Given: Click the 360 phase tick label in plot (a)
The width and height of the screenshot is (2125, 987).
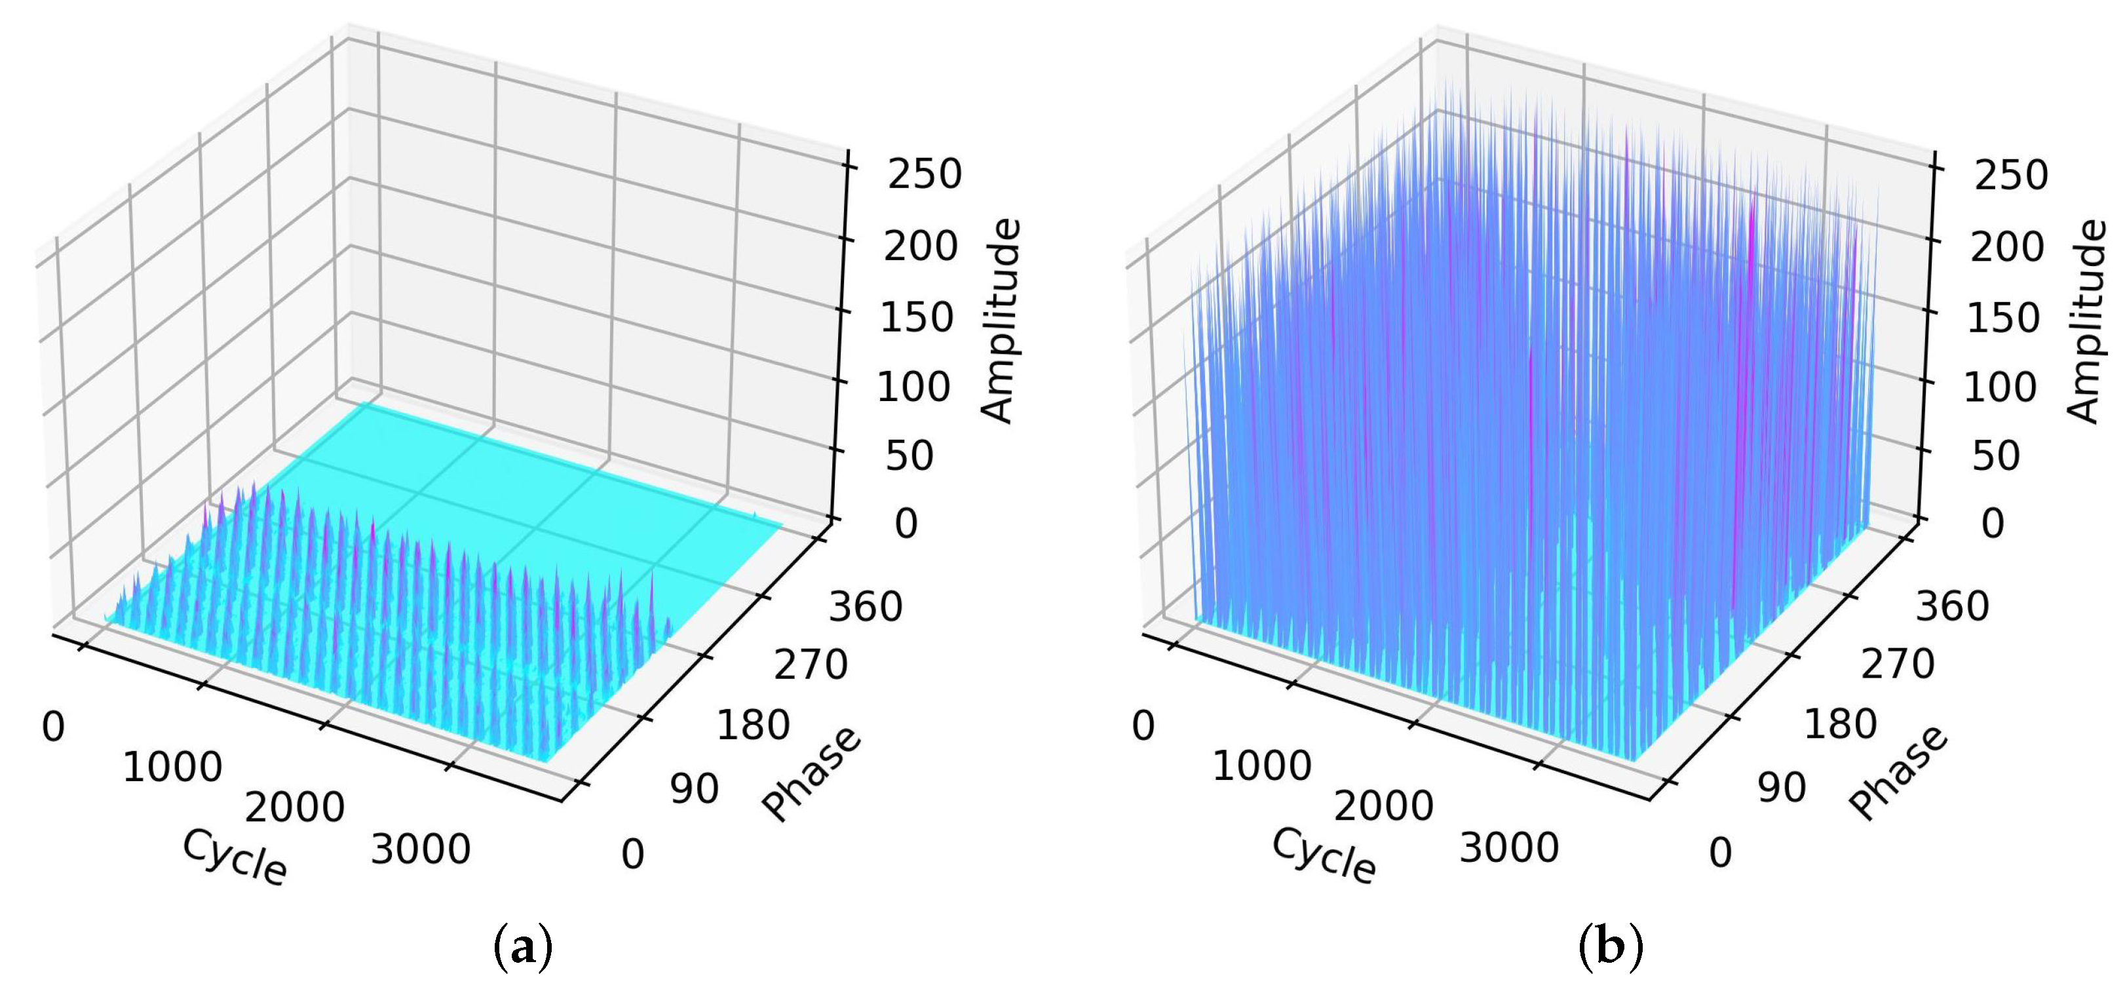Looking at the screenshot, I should click(x=866, y=608).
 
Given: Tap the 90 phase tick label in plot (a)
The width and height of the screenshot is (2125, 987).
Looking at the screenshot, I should click(x=694, y=790).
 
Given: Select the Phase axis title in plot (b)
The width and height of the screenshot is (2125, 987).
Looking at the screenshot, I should click(x=1899, y=774).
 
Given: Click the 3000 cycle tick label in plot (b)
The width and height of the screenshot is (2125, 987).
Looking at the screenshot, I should click(x=1509, y=847).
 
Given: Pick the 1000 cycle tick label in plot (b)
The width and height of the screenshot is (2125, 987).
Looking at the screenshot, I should click(x=1261, y=767).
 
